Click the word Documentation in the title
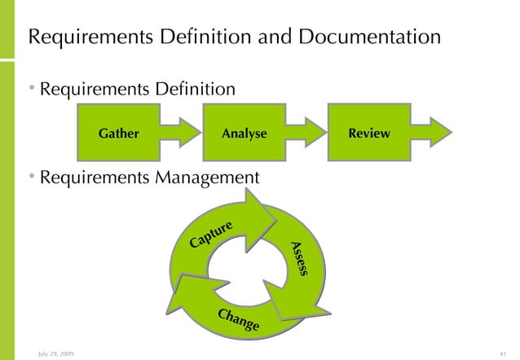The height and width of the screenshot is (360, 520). click(x=374, y=37)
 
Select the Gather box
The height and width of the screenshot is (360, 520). click(x=118, y=134)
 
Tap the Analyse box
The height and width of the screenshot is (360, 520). click(x=244, y=134)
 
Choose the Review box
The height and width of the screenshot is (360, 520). click(x=368, y=133)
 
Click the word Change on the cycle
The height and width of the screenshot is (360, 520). click(x=238, y=321)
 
